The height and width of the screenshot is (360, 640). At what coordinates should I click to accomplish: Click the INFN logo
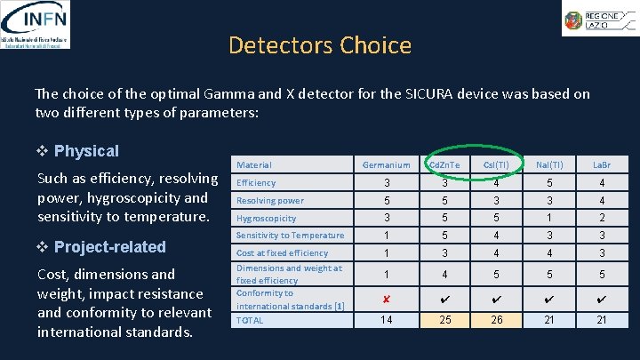[x=36, y=24]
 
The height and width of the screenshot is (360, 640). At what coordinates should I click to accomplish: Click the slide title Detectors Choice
[x=319, y=45]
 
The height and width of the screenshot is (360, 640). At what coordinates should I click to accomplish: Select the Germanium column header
[x=387, y=164]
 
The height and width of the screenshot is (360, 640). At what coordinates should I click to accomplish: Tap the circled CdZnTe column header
[x=444, y=164]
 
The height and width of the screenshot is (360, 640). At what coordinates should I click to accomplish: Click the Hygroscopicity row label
[x=266, y=218]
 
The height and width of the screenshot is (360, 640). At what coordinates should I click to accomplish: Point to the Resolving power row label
[x=269, y=201]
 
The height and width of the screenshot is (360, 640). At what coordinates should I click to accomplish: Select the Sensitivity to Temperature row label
[x=290, y=236]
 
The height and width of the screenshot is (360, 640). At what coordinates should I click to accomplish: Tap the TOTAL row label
[x=250, y=320]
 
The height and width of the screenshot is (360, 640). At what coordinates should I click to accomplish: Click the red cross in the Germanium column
[x=387, y=299]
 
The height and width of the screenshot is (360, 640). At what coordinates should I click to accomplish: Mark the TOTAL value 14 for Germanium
[x=387, y=320]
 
